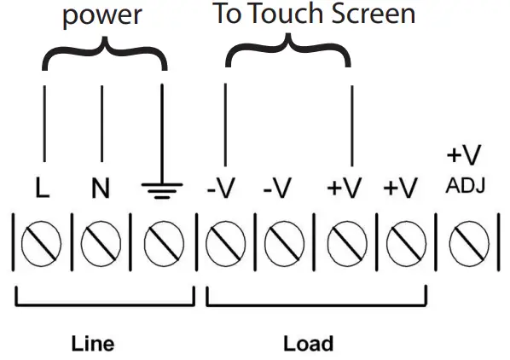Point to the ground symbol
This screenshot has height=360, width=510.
coord(158,189)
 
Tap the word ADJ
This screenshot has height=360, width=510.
coord(465,185)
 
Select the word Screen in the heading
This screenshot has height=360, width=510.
coord(373,14)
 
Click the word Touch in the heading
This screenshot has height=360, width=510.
coord(284,14)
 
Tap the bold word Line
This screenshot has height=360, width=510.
coord(91,344)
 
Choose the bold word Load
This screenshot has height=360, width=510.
coord(308,344)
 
